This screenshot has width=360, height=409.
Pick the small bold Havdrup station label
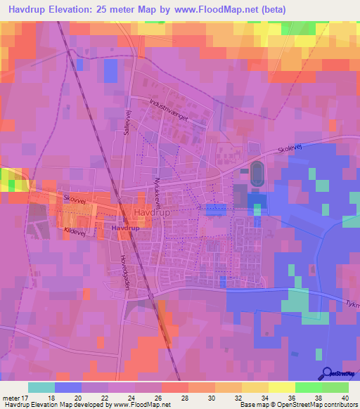click(124, 229)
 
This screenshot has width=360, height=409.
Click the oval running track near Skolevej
click(255, 174)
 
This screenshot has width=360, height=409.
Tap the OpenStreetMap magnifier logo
click(327, 374)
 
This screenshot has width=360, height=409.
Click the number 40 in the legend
click(345, 397)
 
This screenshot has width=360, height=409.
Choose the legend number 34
click(265, 397)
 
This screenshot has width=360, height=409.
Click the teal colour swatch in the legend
click(41, 387)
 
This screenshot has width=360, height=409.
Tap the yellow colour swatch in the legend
click(281, 387)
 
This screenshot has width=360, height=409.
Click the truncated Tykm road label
click(352, 304)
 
